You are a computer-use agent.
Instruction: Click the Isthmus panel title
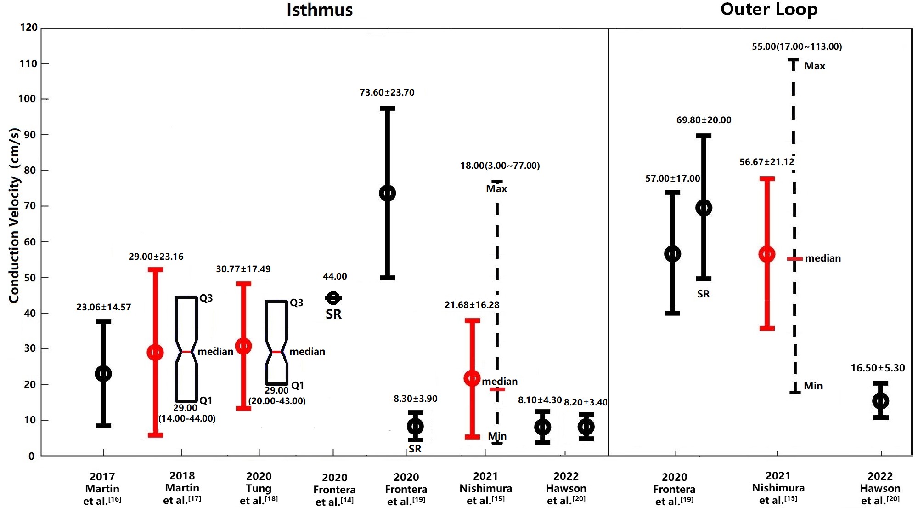[x=320, y=10]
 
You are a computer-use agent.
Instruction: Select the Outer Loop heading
[x=769, y=10]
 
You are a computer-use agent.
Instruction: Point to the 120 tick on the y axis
[x=29, y=28]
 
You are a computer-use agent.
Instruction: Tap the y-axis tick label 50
[x=29, y=278]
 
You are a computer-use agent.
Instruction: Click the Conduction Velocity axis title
[x=15, y=215]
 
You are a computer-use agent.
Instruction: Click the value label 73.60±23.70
[x=387, y=92]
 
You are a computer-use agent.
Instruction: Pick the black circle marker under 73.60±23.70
[x=388, y=193]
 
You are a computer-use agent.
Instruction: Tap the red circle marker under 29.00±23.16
[x=155, y=353]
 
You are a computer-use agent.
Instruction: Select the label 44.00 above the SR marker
[x=335, y=276]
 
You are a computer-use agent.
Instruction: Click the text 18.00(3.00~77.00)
[x=500, y=166]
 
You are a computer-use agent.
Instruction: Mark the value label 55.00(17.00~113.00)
[x=797, y=46]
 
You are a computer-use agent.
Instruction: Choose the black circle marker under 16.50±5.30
[x=881, y=401]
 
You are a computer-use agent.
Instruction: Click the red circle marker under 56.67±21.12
[x=767, y=254]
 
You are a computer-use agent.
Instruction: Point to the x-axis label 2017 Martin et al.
[x=102, y=489]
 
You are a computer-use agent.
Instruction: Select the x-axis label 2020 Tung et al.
[x=259, y=488]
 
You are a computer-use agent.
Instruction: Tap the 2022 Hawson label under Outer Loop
[x=880, y=488]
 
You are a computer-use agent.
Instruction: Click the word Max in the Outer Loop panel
[x=815, y=66]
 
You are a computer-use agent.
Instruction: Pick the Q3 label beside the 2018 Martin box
[x=206, y=298]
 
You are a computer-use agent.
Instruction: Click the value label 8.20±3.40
[x=586, y=402]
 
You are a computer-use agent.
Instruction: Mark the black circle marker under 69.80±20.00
[x=704, y=208]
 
